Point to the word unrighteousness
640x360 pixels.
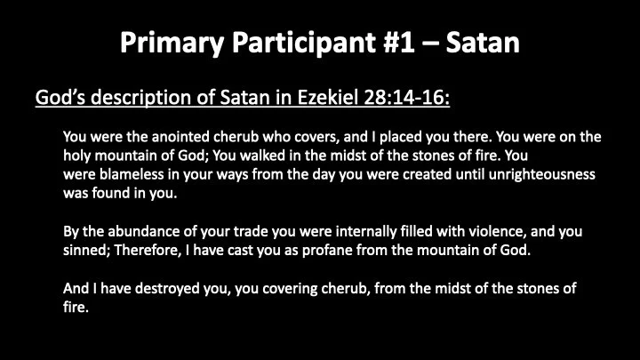(535, 175)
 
